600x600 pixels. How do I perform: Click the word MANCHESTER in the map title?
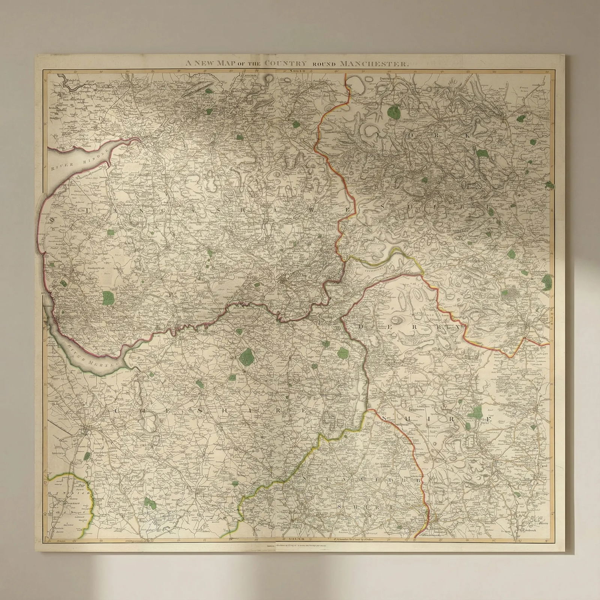pos(373,63)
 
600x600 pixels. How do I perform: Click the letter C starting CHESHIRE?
pos(117,411)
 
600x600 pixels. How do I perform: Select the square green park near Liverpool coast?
pos(108,298)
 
